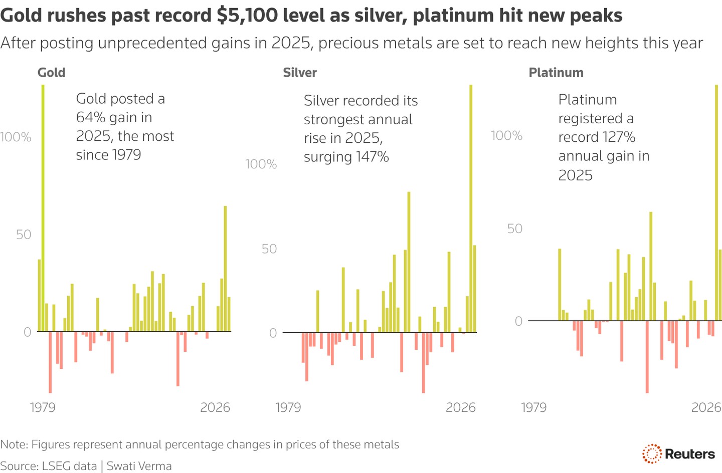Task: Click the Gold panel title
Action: [x=51, y=73]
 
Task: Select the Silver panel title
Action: [x=299, y=73]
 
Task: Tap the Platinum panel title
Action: [x=556, y=73]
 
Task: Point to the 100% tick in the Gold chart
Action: [x=16, y=137]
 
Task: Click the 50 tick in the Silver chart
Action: [x=269, y=249]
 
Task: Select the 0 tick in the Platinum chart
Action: [x=518, y=321]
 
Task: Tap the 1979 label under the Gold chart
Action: [x=43, y=407]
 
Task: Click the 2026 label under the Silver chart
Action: [x=460, y=407]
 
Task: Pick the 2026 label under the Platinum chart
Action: [x=706, y=407]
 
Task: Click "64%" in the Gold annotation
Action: [x=89, y=118]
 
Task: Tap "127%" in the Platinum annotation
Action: [x=620, y=137]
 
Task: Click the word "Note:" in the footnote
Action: [x=14, y=444]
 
